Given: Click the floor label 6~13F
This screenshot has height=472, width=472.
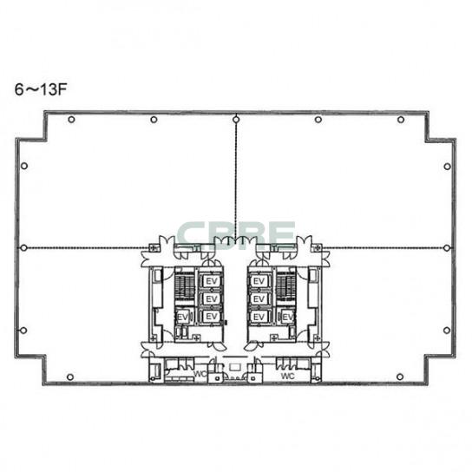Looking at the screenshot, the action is click(41, 89).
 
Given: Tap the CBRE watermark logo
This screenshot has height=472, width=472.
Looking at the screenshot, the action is click(236, 234).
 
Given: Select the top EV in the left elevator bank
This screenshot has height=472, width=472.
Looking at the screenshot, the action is click(212, 281).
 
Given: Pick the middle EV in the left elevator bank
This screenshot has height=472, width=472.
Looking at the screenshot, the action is click(212, 299).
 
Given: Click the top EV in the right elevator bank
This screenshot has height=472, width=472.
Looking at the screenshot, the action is click(259, 281).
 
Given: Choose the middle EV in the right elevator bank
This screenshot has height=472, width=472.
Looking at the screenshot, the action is click(259, 299).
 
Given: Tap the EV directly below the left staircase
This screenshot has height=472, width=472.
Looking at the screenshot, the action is click(183, 317).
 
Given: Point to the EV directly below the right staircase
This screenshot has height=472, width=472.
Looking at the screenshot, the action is click(287, 317).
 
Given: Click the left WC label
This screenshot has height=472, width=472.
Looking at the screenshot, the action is click(200, 374).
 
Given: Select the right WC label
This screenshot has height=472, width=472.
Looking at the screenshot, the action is click(288, 376).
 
